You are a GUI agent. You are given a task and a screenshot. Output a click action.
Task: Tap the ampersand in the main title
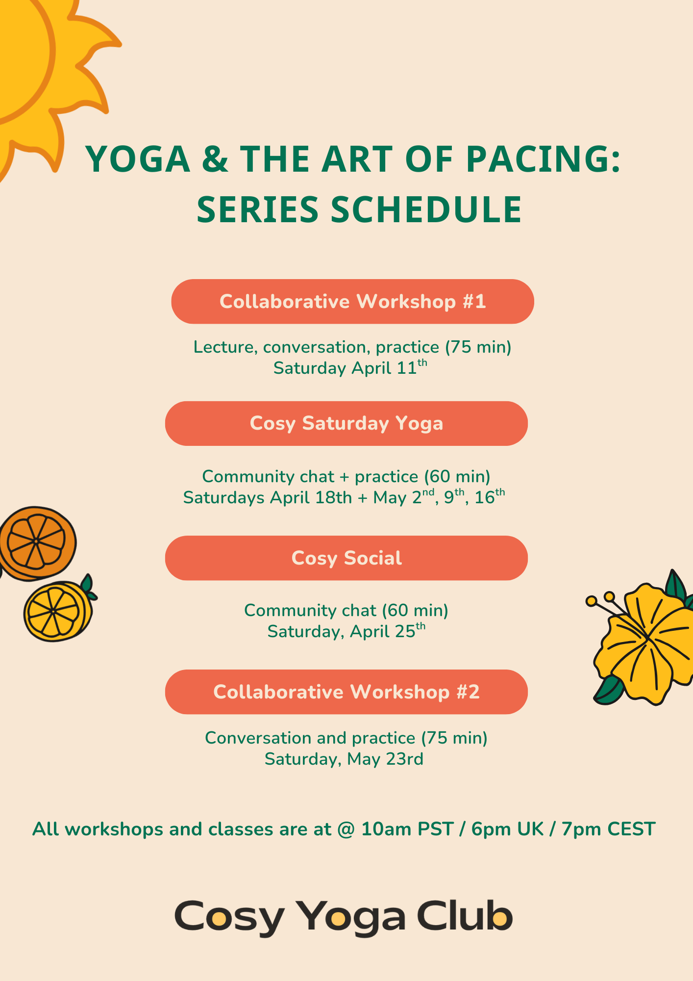[214, 159]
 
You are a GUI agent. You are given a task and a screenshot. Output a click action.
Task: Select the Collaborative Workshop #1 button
[352, 302]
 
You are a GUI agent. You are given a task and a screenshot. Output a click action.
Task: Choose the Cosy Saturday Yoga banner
[346, 423]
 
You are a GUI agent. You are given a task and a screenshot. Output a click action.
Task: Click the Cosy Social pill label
[346, 558]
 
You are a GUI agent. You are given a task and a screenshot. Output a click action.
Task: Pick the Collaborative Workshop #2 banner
[346, 692]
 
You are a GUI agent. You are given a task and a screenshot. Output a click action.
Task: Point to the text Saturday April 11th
[350, 368]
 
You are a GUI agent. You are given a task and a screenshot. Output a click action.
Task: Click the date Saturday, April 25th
[346, 631]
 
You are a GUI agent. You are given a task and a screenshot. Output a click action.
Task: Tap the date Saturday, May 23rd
[344, 759]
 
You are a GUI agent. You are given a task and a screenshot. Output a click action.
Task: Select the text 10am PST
[407, 829]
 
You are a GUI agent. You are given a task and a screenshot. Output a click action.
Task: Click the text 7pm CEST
[608, 829]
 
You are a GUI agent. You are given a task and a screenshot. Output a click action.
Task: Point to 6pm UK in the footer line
[507, 829]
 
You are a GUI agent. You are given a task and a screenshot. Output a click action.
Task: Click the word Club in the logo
[464, 915]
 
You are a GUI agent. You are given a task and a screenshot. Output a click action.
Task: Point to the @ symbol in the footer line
[346, 829]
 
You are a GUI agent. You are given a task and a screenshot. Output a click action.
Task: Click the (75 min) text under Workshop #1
[478, 347]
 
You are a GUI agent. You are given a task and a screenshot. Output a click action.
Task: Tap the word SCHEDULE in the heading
[426, 210]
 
